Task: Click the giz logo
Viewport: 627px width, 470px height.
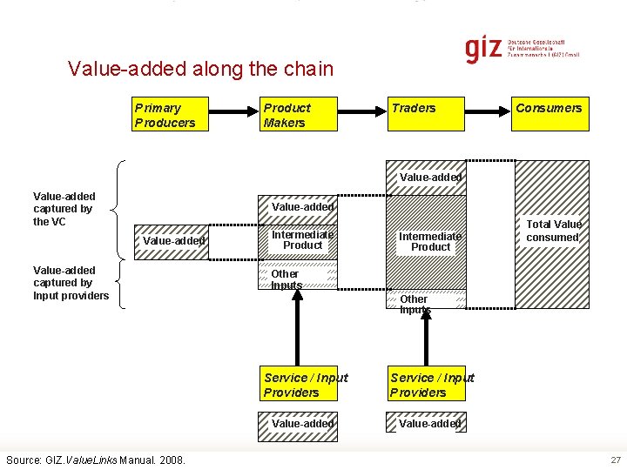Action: pos(483,49)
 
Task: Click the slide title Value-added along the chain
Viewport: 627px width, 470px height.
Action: pos(200,69)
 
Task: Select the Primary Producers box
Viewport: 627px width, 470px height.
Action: pos(171,115)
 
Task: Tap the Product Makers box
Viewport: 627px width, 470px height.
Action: pos(299,115)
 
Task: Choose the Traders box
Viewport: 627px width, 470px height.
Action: pos(427,113)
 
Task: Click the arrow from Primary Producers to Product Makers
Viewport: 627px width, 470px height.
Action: pos(233,113)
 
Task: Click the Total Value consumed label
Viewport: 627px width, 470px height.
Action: pos(552,231)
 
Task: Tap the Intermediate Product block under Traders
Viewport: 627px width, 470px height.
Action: pos(427,241)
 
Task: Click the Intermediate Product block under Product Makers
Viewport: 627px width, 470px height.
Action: pos(302,240)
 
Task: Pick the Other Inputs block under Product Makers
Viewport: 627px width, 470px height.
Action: pos(300,279)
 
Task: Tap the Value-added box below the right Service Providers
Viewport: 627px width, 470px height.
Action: pos(428,424)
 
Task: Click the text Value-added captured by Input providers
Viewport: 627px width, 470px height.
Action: pos(70,283)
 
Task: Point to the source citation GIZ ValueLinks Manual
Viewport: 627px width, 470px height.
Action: pos(96,459)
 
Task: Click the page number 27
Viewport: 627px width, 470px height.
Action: pos(616,459)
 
